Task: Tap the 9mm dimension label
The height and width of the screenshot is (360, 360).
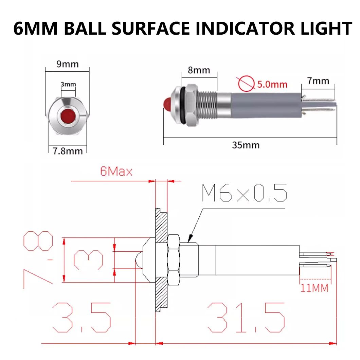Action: pos(67,64)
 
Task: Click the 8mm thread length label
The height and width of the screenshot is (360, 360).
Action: pos(199,70)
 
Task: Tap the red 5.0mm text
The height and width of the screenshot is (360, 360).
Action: pos(272,84)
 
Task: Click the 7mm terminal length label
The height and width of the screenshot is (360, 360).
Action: pos(318,81)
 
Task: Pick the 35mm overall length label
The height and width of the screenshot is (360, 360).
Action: pos(246,145)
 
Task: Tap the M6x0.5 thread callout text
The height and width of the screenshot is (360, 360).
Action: pos(244,193)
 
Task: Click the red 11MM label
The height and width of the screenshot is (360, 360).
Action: pos(314,288)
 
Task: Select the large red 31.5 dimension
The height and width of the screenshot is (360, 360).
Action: pos(246,318)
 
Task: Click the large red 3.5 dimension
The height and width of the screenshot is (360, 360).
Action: pos(82,318)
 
